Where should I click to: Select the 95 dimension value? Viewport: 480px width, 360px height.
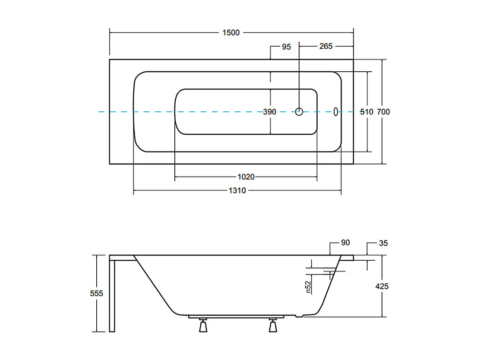coord(286,47)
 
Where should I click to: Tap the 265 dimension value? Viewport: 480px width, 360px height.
coord(326,46)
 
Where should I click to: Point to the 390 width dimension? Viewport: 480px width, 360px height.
coord(270,112)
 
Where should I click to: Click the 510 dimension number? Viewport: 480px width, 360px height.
coord(366,112)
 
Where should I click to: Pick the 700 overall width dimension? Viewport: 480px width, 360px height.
coord(383,112)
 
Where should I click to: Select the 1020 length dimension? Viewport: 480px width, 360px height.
coord(246,177)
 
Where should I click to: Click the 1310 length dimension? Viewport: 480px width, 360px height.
coord(237,190)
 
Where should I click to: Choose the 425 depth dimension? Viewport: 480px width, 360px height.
coord(382,286)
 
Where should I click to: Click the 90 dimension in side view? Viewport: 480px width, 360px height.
coord(345,243)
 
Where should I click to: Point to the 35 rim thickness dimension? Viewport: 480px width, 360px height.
coord(383,243)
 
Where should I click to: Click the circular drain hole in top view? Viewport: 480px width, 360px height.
coord(299,112)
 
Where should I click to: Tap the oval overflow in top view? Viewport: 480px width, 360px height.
coord(336,112)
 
